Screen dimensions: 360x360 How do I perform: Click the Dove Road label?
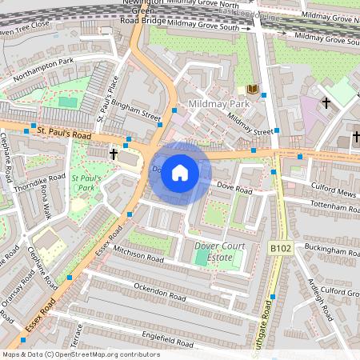[x=234, y=187]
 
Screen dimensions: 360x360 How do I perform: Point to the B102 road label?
[x=281, y=249]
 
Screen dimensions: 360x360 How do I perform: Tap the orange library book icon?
[x=253, y=89]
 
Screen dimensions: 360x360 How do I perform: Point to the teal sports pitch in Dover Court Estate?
[x=199, y=258]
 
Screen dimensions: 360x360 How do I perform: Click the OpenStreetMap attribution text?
[x=81, y=354]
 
